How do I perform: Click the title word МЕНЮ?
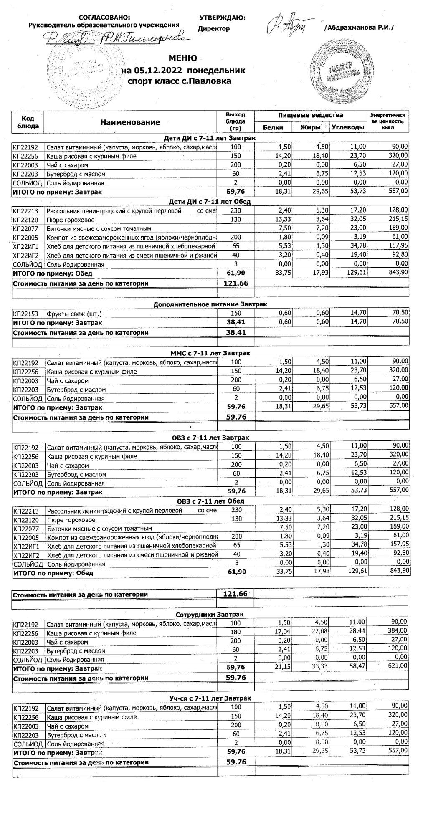[x=182, y=58]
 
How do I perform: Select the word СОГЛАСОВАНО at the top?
[x=104, y=18]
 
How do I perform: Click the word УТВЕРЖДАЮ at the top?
[x=222, y=18]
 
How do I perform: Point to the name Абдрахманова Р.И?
[x=359, y=28]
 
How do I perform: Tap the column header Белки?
[x=273, y=127]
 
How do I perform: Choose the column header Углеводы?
[x=348, y=127]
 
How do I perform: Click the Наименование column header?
[x=130, y=122]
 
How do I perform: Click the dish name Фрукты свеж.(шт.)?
[x=74, y=314]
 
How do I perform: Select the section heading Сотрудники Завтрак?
[x=210, y=615]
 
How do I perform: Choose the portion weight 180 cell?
[x=236, y=633]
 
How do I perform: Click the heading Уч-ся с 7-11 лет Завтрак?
[x=210, y=698]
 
